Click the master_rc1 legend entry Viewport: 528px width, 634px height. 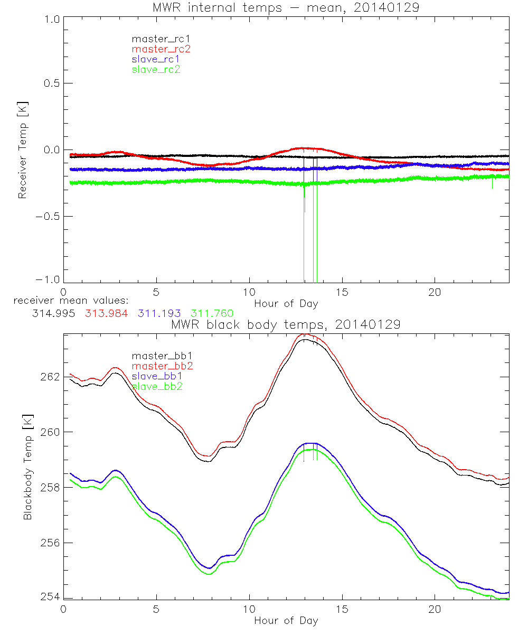pyautogui.click(x=155, y=39)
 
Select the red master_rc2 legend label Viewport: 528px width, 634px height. pyautogui.click(x=161, y=49)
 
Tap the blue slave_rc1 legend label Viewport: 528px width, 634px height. pyautogui.click(x=156, y=59)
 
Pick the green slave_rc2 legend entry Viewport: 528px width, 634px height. pyautogui.click(x=156, y=69)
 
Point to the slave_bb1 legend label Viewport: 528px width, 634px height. pyautogui.click(x=156, y=376)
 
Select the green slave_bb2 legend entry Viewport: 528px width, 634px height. pyautogui.click(x=156, y=386)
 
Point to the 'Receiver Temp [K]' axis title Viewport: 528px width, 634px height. pyautogui.click(x=22, y=150)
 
